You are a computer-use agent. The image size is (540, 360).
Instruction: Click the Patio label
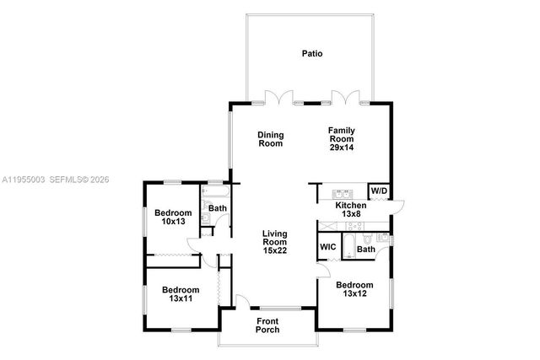312,53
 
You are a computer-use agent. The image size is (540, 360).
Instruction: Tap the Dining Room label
270,139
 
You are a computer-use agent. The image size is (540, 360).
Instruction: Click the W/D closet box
379,191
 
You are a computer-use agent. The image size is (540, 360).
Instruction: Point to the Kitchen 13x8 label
351,209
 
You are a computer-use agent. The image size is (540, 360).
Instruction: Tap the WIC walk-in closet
327,248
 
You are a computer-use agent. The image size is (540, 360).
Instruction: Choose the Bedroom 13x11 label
180,291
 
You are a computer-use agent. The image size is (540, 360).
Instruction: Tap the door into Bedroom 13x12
324,268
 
